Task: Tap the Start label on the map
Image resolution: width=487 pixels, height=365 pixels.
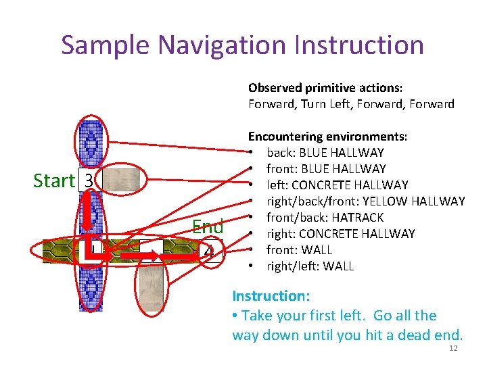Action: [53, 180]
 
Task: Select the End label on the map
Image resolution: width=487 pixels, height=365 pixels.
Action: [208, 226]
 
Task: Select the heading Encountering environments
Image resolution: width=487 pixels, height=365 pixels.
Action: [327, 137]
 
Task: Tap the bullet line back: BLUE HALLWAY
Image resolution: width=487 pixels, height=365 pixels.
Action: [325, 153]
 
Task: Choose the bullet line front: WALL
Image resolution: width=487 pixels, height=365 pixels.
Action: [299, 250]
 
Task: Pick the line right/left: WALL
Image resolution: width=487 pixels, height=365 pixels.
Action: [310, 266]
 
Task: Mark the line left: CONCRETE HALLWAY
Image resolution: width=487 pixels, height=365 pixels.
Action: [337, 185]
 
